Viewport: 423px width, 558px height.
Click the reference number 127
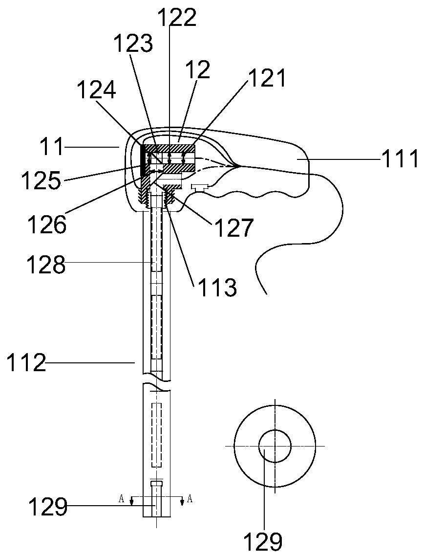pyautogui.click(x=233, y=228)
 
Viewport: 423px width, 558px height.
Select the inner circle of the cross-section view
pyautogui.click(x=275, y=446)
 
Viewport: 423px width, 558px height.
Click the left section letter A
pyautogui.click(x=122, y=498)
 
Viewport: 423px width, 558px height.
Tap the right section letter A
pyautogui.click(x=190, y=498)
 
